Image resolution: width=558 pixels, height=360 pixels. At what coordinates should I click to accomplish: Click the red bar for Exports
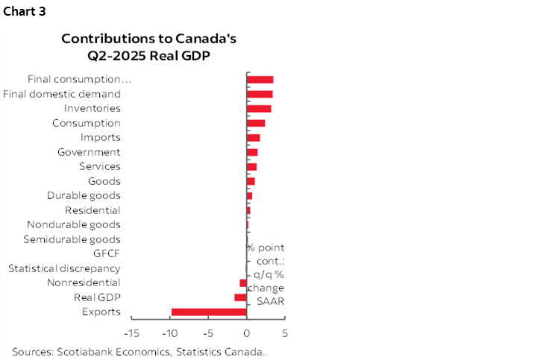209,312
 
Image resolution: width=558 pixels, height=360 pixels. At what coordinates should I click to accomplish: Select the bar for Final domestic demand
260,94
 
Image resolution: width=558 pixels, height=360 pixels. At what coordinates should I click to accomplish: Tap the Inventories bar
259,109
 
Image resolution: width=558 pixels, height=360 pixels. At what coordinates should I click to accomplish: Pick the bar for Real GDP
240,297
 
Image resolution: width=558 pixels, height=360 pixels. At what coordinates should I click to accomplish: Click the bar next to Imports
253,138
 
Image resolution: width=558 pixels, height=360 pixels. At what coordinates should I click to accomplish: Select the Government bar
252,152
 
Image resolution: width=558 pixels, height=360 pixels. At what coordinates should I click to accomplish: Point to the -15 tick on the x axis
131,332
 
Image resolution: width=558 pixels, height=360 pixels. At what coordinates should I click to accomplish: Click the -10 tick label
169,332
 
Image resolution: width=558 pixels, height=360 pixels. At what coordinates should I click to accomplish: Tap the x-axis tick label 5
285,332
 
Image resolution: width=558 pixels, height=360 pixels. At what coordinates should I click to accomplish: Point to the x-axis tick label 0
246,332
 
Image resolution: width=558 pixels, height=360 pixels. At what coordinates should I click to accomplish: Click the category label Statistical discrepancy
64,268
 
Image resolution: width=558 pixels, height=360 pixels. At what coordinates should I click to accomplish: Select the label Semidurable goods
72,239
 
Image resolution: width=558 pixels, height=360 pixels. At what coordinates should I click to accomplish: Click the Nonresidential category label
84,282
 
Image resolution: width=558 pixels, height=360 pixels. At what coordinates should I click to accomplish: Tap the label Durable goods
84,196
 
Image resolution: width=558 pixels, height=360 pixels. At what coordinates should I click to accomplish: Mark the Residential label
93,210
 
